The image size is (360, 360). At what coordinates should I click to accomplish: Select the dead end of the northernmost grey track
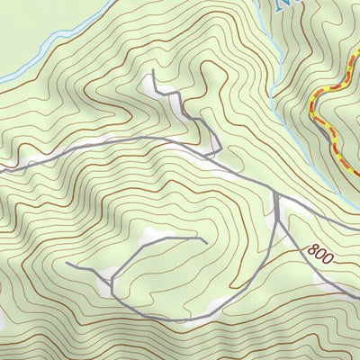pyautogui.click(x=154, y=70)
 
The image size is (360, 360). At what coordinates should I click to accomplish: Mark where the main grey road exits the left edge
pyautogui.click(x=2, y=169)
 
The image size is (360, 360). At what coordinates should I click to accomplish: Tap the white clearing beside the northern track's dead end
pyautogui.click(x=148, y=84)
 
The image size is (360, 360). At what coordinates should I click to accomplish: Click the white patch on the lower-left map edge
pyautogui.click(x=3, y=315)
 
